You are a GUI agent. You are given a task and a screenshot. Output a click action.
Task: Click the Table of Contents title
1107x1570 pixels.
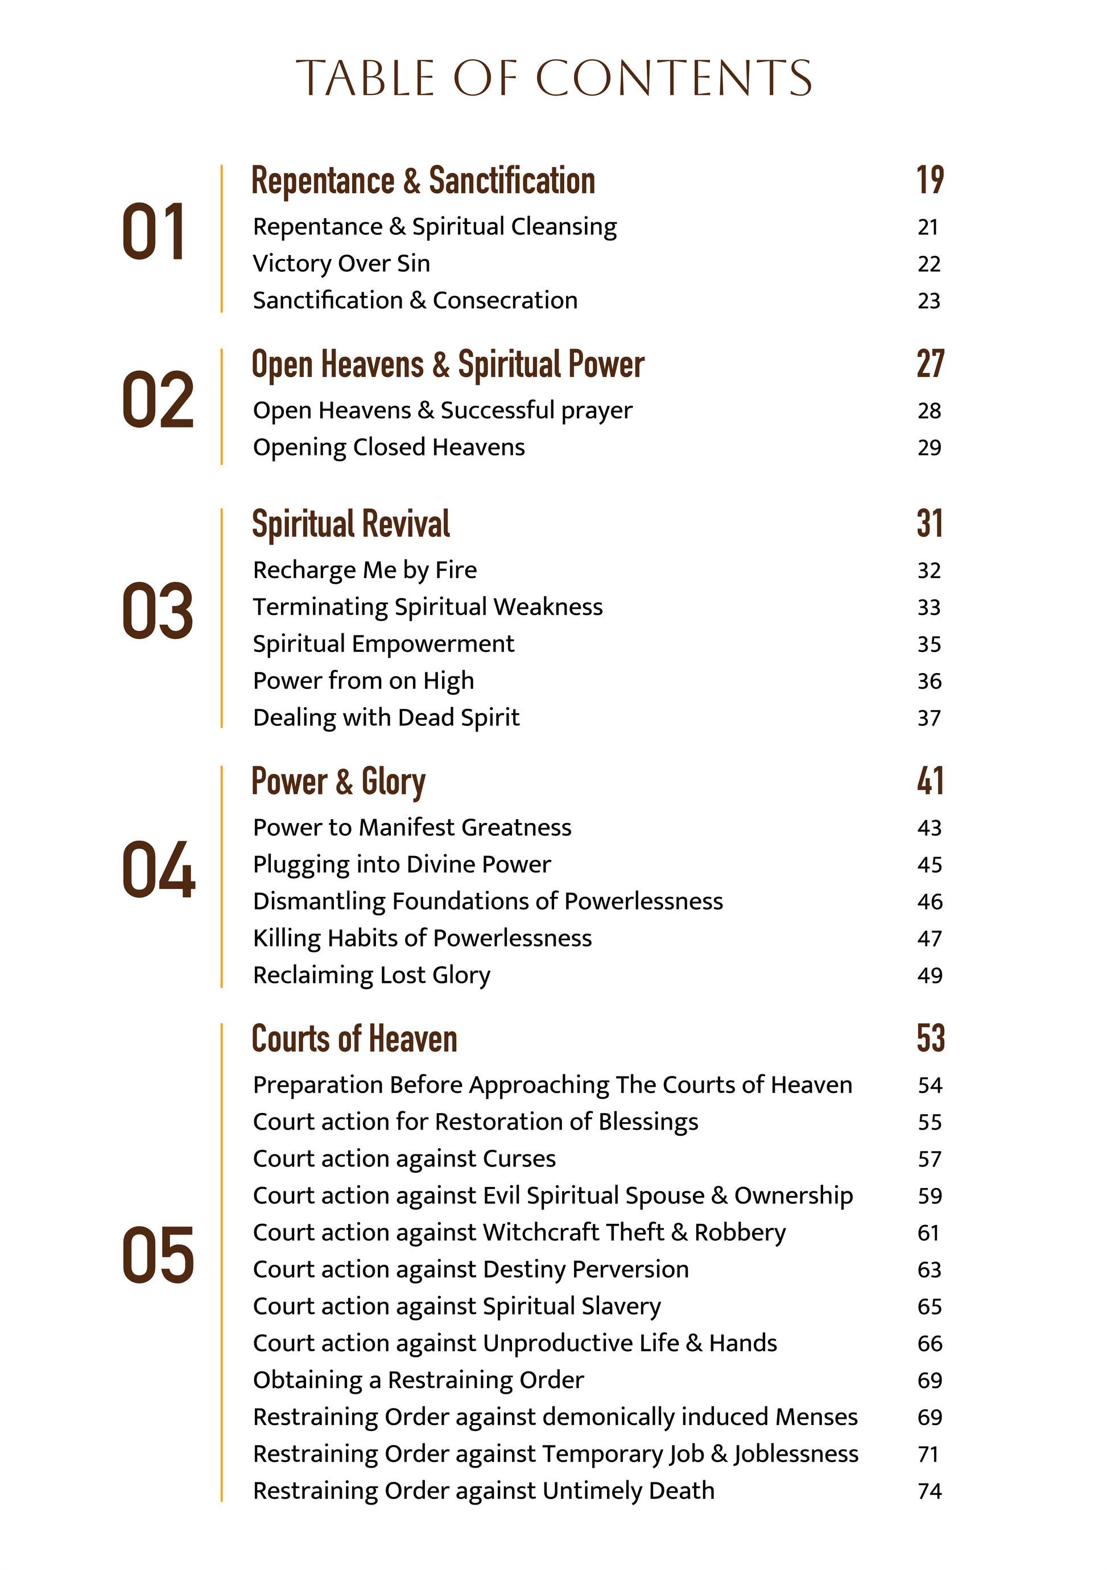click(553, 77)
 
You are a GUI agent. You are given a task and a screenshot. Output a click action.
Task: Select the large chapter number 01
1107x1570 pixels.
click(154, 232)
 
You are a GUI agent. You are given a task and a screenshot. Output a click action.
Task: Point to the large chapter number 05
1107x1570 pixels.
click(158, 1255)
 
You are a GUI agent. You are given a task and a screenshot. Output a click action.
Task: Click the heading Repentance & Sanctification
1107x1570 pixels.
click(423, 181)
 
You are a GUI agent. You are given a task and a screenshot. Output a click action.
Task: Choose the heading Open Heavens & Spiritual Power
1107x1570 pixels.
click(448, 364)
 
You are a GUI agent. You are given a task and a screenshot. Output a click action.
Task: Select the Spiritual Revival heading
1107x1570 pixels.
click(351, 525)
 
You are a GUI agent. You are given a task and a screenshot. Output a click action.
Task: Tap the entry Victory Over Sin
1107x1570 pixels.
click(341, 263)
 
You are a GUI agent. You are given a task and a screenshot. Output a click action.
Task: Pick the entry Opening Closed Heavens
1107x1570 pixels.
click(389, 447)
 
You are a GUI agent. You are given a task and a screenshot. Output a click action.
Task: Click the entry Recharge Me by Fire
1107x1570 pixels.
click(365, 570)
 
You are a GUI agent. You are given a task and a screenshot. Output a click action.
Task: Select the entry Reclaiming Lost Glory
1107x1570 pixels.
click(371, 975)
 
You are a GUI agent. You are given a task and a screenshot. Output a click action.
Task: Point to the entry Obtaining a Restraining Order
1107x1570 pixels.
click(418, 1380)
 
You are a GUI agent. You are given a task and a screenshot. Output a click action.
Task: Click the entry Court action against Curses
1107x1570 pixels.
click(404, 1158)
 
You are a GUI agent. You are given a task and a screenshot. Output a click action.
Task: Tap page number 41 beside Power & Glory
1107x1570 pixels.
click(930, 782)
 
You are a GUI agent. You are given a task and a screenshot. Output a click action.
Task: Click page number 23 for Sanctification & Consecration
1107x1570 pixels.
click(929, 301)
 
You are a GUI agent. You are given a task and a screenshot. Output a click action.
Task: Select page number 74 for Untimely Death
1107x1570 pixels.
click(930, 1490)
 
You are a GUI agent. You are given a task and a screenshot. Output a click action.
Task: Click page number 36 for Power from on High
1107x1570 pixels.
click(929, 681)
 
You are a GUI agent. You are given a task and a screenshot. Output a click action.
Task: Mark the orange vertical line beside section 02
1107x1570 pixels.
click(222, 407)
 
